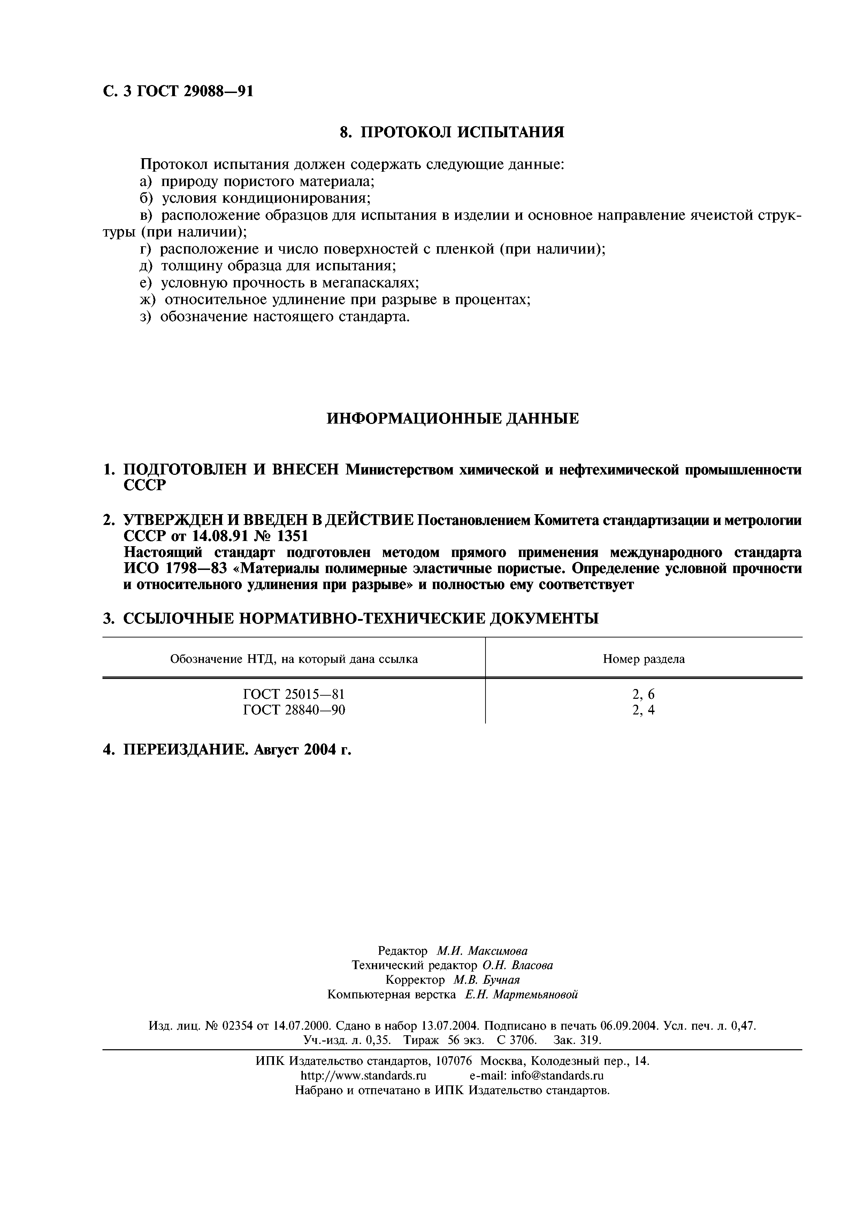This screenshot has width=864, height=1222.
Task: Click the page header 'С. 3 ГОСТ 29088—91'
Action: coord(178,92)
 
